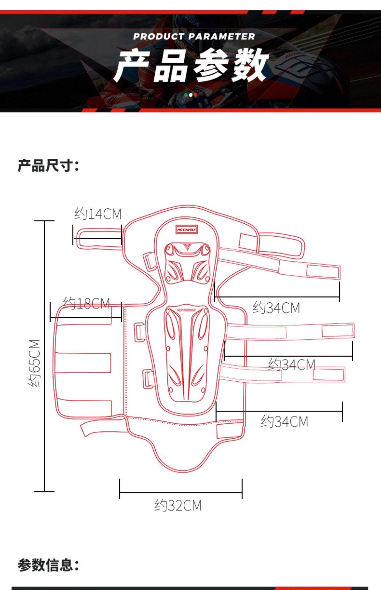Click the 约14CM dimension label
(98, 214)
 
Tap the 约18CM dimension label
(87, 303)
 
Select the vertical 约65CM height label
(34, 363)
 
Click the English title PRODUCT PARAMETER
(194, 37)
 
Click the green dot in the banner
(186, 95)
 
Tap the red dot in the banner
(196, 95)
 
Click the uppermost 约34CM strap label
(276, 308)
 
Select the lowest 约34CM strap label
(284, 422)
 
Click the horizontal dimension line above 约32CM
(181, 493)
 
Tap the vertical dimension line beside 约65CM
(44, 356)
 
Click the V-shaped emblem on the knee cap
(187, 247)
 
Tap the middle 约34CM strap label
(292, 365)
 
